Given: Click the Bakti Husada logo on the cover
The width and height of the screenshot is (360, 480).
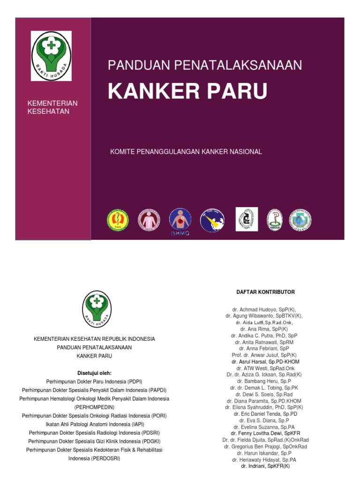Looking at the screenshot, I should pos(52,56).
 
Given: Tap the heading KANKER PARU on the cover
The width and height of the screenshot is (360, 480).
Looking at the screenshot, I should pos(187,91).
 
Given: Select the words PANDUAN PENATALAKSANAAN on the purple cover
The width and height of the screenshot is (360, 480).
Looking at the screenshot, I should pos(205,65).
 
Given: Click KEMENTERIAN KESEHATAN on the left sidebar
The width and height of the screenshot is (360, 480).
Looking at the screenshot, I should pos(53,107).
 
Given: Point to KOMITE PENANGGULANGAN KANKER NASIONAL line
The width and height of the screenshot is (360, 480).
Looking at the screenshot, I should pos(186,152).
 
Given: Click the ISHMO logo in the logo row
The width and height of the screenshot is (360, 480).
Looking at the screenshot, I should pos(180,221).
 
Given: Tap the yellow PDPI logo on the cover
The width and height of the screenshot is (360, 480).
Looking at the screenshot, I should pos(118,220).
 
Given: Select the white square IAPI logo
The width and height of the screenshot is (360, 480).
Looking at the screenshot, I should pos(247,219).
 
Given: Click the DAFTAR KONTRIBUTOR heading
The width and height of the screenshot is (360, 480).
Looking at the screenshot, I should pos(265,292).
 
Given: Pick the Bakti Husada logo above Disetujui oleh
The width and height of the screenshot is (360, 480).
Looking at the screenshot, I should pos(97,309).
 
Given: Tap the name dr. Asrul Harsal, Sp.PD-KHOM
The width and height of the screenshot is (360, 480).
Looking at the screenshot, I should pos(265,362).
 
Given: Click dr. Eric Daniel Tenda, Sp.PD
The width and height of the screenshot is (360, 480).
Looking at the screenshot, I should pos(265,414).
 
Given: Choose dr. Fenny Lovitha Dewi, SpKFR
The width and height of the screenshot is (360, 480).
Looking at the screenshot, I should pos(265,434).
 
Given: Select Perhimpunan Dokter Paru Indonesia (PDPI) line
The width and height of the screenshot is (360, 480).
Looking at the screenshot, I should pos(94,382).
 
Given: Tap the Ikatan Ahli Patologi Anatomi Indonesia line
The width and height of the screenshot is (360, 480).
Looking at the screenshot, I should pos(94,424).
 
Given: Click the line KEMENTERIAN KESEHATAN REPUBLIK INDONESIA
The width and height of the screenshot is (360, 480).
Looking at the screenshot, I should pos(94,338).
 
